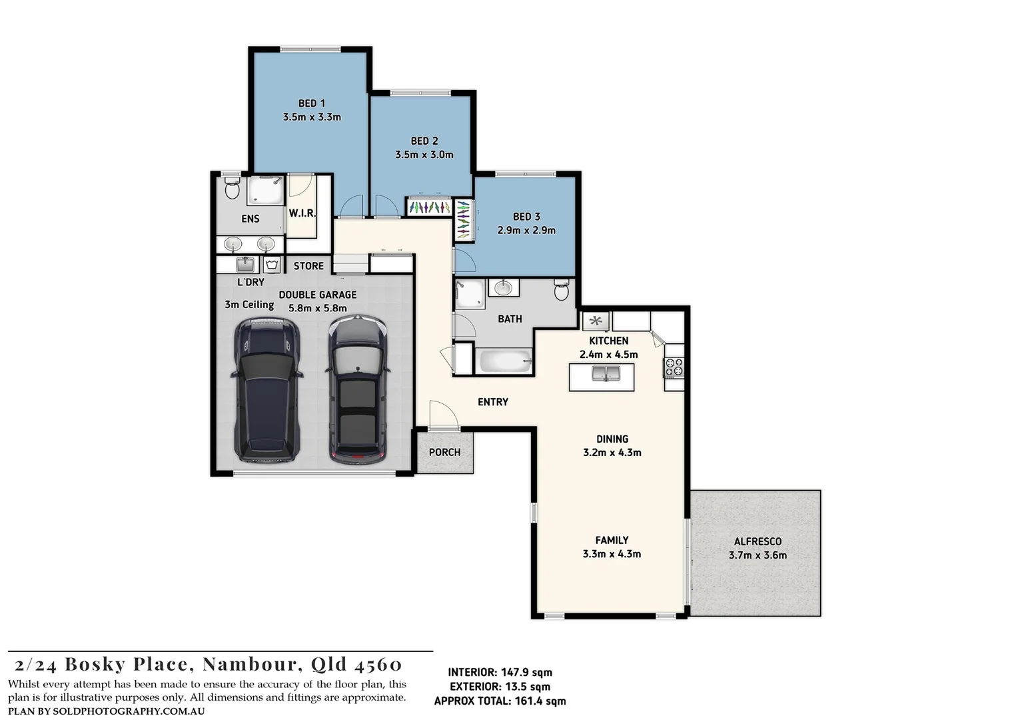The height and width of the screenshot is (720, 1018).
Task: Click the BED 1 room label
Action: click(312, 103)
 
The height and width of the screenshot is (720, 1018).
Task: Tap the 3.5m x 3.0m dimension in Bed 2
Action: click(424, 155)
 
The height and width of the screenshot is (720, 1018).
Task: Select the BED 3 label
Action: click(526, 217)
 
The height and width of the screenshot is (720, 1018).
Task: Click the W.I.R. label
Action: click(302, 213)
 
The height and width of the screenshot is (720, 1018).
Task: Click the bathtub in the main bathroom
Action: click(506, 362)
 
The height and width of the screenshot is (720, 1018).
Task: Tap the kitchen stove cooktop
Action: click(674, 367)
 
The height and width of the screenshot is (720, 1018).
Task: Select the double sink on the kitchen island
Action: click(606, 374)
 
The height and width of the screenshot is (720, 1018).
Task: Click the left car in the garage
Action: click(267, 390)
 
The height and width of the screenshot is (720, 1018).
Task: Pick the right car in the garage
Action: click(358, 390)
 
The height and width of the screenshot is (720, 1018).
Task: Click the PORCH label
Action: click(444, 452)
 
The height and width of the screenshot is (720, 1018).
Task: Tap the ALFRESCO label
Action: click(758, 541)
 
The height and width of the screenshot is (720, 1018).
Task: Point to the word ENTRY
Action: click(493, 402)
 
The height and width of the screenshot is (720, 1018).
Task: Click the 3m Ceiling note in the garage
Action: click(249, 305)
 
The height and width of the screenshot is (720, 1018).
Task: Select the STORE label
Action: click(308, 266)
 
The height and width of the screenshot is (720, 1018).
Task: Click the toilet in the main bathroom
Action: click(561, 290)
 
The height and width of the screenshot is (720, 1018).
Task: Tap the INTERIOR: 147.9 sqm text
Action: click(500, 673)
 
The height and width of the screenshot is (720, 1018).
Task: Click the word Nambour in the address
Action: click(249, 664)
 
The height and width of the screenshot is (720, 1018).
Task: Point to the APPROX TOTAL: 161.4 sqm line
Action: click(500, 701)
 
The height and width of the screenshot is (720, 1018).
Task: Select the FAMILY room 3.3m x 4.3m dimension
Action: click(612, 554)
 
